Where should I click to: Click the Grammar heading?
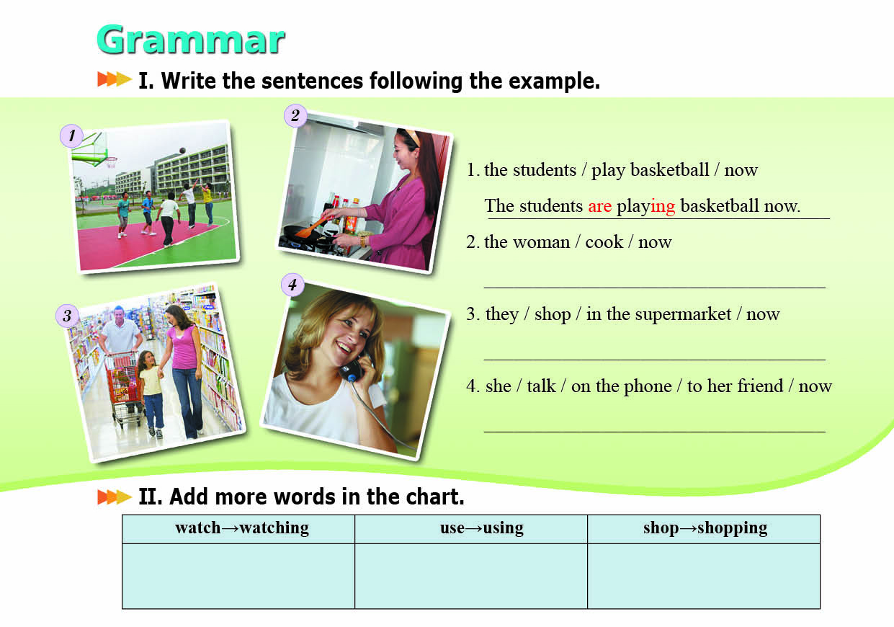coord(190,39)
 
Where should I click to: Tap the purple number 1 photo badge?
coord(71,135)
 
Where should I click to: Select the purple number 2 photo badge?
coord(295,115)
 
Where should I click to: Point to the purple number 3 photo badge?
coord(67,316)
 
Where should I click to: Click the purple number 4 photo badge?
coord(293,285)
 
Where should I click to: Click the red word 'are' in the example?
coord(599,206)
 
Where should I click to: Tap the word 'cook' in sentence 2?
coord(604,242)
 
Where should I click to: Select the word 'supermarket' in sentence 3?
coord(683,314)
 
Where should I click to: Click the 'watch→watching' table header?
coord(242,528)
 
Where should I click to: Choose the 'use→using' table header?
coord(482,528)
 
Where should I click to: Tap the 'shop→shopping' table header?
coord(705,528)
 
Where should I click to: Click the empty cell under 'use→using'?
coord(471,576)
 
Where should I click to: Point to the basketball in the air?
coord(182,151)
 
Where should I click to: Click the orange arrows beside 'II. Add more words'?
coord(115,497)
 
